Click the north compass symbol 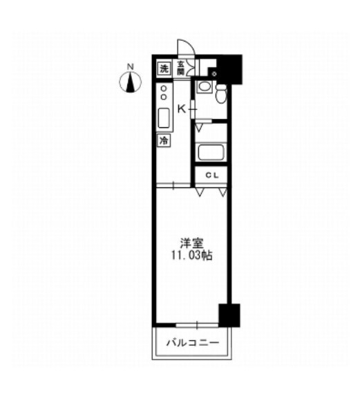[130, 82]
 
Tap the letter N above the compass [130, 67]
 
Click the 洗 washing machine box [164, 68]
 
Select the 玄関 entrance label [180, 68]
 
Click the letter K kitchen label [181, 109]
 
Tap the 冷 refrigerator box [164, 140]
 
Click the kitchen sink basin [164, 118]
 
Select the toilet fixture [221, 93]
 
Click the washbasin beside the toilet [205, 87]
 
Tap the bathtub [211, 152]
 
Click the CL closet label [213, 176]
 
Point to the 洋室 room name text [191, 243]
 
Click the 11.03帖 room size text [191, 256]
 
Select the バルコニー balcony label [192, 343]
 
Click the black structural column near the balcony [229, 315]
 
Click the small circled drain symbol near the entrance [214, 74]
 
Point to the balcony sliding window [197, 325]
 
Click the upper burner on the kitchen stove [164, 88]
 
